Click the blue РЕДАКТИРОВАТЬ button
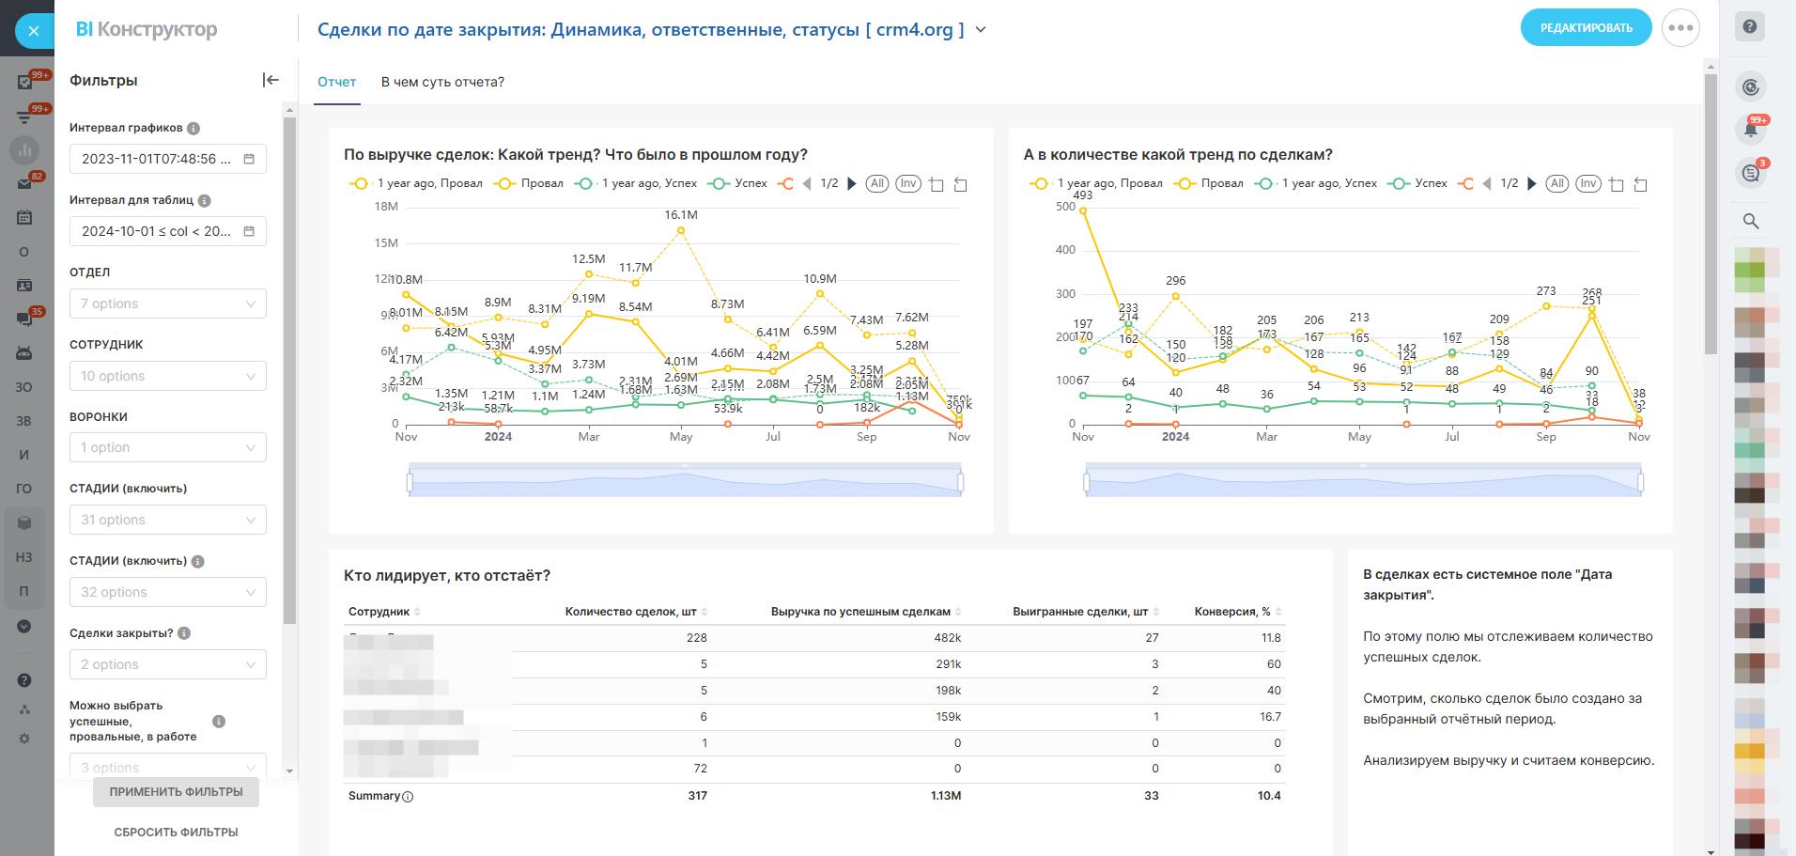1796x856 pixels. [1586, 28]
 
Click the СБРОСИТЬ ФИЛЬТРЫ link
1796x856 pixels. [176, 832]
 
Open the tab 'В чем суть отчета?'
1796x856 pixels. [442, 82]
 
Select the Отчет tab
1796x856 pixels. [336, 82]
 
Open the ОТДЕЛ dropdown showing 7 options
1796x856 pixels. [167, 303]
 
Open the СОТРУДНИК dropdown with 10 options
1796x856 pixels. [167, 376]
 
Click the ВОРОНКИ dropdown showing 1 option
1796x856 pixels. [167, 447]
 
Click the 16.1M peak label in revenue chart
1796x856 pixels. [681, 215]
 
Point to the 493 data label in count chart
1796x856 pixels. [1082, 195]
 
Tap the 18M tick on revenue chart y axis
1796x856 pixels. [386, 207]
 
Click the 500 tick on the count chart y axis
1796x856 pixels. [1065, 207]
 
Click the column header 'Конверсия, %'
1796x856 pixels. [1232, 612]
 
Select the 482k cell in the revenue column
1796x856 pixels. [947, 638]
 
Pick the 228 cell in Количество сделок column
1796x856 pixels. [696, 638]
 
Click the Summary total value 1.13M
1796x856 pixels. [945, 796]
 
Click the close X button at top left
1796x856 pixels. [34, 31]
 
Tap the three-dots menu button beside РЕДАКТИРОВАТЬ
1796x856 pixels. [1680, 28]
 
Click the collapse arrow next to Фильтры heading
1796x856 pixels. [271, 80]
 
